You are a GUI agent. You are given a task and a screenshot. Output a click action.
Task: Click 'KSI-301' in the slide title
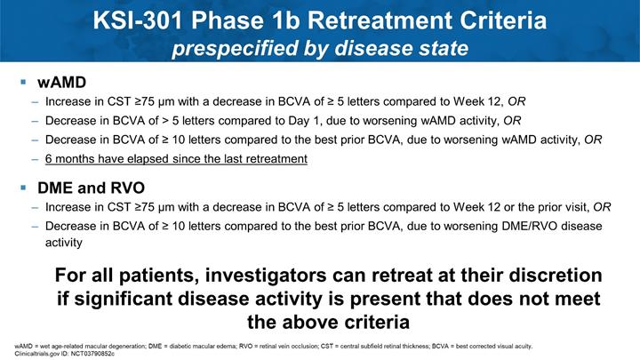coord(138,20)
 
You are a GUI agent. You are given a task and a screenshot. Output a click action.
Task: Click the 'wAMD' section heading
coord(61,82)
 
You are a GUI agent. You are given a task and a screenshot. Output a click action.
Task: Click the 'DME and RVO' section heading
coord(91,188)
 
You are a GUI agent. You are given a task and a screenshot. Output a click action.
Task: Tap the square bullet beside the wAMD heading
coord(23,82)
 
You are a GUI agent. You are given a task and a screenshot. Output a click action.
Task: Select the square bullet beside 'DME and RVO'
coord(23,188)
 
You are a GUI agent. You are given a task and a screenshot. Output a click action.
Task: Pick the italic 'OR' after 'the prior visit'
coord(602,207)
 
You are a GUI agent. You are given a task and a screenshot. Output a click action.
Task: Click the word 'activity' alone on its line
coord(64,243)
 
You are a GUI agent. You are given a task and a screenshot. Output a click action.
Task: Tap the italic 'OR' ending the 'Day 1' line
coord(512,120)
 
